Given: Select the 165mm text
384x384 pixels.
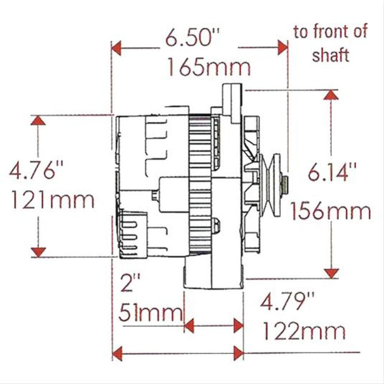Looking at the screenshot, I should [x=209, y=68].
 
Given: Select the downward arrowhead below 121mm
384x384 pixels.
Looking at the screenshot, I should [x=38, y=252].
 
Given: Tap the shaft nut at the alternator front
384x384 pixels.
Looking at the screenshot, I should [x=285, y=182].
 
